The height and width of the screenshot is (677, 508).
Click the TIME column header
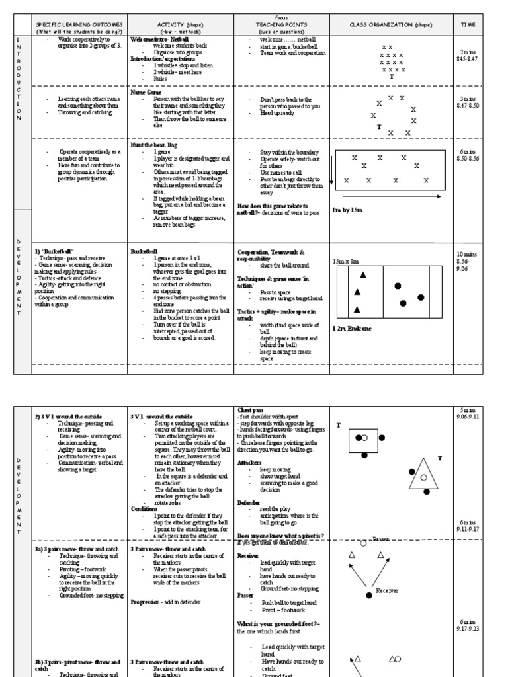pos(468,25)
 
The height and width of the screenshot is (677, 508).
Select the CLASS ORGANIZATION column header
pos(391,25)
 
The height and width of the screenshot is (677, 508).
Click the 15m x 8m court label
pos(347,261)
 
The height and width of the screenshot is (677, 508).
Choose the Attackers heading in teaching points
pos(250,463)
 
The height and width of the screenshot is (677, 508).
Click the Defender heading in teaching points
pos(249,502)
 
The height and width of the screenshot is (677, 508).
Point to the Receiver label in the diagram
pos(387,590)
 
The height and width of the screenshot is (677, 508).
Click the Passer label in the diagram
pos(380,539)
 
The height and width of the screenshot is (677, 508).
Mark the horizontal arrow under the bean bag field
pos(393,196)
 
